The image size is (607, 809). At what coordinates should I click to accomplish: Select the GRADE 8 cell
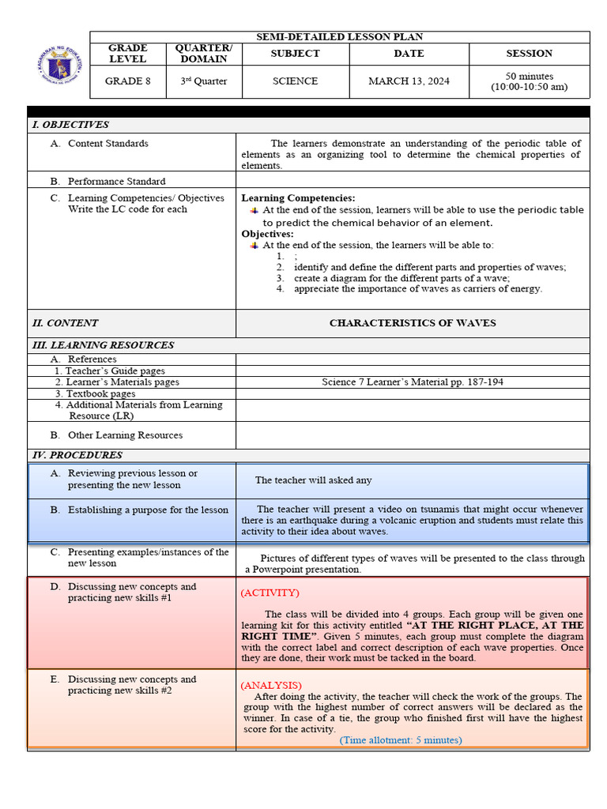127,81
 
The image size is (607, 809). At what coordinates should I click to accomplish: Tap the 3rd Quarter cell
203,81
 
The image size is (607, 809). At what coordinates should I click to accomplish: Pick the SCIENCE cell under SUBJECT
295,81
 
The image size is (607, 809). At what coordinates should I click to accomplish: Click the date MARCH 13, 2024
409,81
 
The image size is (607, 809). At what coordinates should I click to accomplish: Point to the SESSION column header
529,54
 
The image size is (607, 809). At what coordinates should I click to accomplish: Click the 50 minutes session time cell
529,81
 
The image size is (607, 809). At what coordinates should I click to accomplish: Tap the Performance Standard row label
116,181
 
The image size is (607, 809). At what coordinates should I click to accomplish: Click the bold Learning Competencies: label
298,198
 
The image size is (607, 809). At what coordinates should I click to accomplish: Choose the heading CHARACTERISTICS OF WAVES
413,323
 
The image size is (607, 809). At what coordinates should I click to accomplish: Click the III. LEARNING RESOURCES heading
103,345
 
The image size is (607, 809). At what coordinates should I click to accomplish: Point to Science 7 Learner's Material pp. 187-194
413,382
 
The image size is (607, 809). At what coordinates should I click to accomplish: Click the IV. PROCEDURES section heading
77,455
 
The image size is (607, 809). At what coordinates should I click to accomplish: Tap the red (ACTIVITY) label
270,593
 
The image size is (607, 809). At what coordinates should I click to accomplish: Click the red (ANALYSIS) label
271,685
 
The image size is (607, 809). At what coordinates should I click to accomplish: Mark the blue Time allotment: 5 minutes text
401,740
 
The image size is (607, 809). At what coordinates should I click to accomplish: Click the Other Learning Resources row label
125,435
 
